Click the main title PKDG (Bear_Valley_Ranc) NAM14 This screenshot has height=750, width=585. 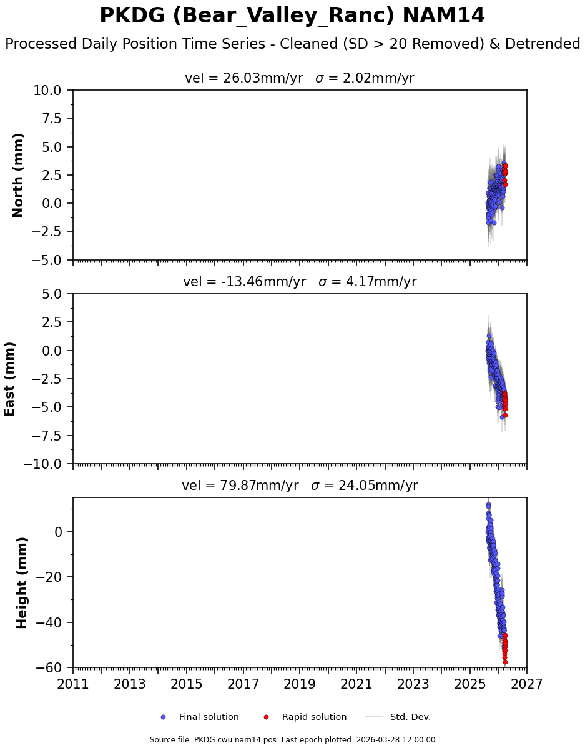pyautogui.click(x=292, y=16)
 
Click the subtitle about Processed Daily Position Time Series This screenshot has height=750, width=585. pyautogui.click(x=292, y=44)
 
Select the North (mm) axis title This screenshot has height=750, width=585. pyautogui.click(x=19, y=175)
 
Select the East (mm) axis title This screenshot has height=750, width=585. pyautogui.click(x=10, y=379)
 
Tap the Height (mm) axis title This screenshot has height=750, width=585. pyautogui.click(x=22, y=582)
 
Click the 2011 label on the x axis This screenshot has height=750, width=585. pyautogui.click(x=73, y=684)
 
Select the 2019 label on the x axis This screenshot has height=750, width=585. pyautogui.click(x=300, y=684)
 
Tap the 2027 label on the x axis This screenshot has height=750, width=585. pyautogui.click(x=526, y=684)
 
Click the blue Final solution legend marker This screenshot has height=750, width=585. pyautogui.click(x=164, y=717)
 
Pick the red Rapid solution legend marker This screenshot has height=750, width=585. pyautogui.click(x=266, y=717)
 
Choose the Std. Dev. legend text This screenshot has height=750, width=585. pyautogui.click(x=410, y=717)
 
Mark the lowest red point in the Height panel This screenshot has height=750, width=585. pyautogui.click(x=505, y=662)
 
